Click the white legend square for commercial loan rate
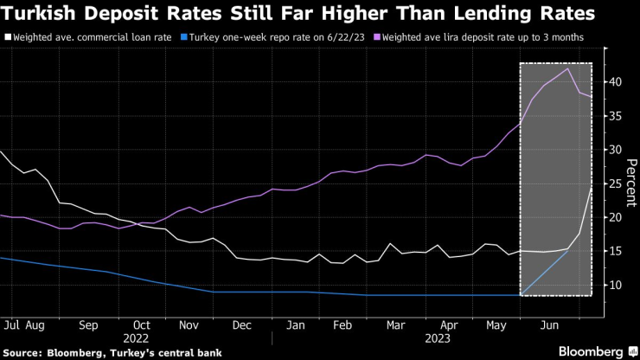click(x=8, y=37)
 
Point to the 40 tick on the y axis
click(x=614, y=82)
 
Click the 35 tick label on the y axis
click(x=614, y=116)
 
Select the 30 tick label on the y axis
click(x=614, y=150)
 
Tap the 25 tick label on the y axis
click(x=614, y=183)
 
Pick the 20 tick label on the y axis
click(x=614, y=217)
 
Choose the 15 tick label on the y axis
click(x=614, y=251)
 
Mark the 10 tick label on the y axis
click(x=614, y=285)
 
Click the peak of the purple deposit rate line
click(x=567, y=67)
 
